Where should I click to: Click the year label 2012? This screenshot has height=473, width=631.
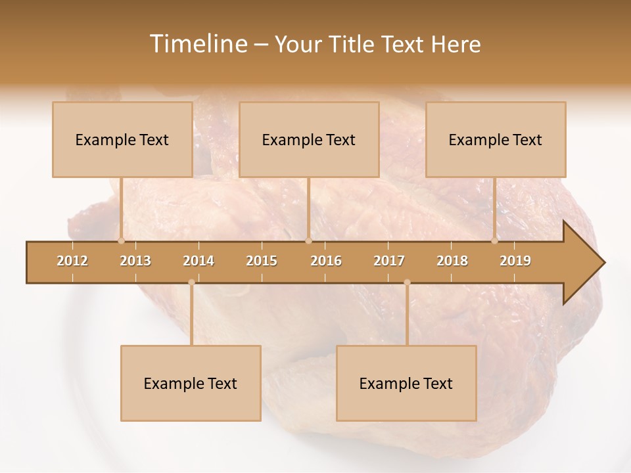pos(72,261)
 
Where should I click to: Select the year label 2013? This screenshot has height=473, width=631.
pos(135,261)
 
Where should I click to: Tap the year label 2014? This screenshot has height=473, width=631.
pos(199,261)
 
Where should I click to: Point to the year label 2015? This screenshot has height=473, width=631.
pos(262,261)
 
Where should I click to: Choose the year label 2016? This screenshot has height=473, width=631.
pos(326,261)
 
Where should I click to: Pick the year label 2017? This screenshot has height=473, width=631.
pos(389,261)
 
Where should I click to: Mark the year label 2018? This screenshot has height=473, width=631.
pos(452,261)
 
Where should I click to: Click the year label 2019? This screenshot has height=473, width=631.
pos(515,261)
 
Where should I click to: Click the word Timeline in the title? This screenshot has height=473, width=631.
pos(197,44)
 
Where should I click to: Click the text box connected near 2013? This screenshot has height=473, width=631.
pos(122,139)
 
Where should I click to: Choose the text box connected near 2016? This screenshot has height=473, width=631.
pos(309,139)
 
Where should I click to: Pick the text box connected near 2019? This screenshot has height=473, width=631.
pos(496,139)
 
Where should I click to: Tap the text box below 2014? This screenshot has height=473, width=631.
pos(191,383)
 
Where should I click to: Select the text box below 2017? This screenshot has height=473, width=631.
pos(406,383)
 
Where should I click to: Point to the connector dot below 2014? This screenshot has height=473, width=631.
pos(191,282)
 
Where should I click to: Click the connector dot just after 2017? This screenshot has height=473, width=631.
pos(407,282)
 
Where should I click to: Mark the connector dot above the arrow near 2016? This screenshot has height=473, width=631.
pos(308,241)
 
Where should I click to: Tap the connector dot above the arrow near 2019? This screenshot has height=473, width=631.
pos(495,241)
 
